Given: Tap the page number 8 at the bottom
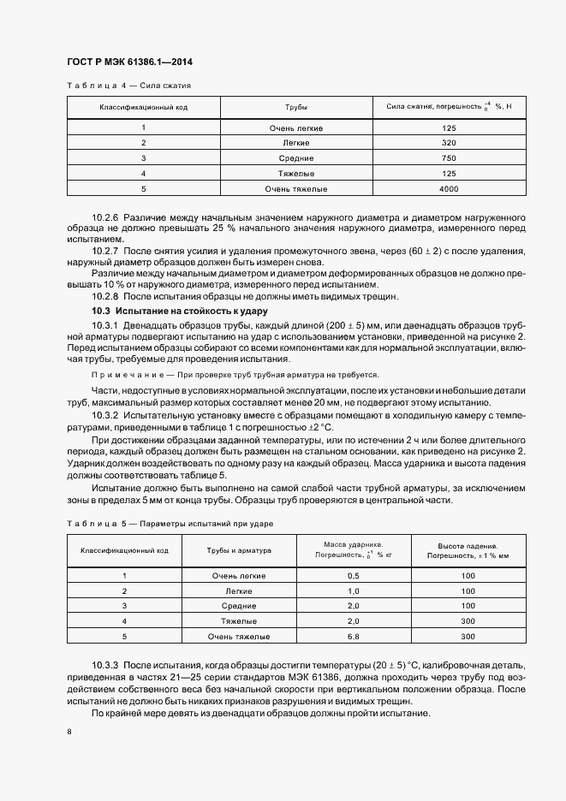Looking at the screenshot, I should coord(69,731).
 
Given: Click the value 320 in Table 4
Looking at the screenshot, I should coord(449,143).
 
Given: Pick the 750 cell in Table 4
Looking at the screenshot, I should coord(449,158).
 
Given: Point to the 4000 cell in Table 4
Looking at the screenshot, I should coord(449,188).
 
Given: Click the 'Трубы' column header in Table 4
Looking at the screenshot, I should coord(295,108).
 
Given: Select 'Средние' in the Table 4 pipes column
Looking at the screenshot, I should coord(295,158).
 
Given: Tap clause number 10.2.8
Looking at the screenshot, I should coord(105,296).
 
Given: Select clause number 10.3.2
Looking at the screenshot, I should coord(105,415).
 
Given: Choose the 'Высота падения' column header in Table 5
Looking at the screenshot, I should coord(468,545).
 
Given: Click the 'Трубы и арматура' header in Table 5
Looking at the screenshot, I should coord(239,550).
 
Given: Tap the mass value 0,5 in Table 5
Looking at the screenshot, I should coord(353,576).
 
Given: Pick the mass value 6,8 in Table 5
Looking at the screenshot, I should coord(353,637).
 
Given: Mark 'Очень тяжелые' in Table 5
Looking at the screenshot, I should coord(241,637).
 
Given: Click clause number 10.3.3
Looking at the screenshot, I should coord(105,665).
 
